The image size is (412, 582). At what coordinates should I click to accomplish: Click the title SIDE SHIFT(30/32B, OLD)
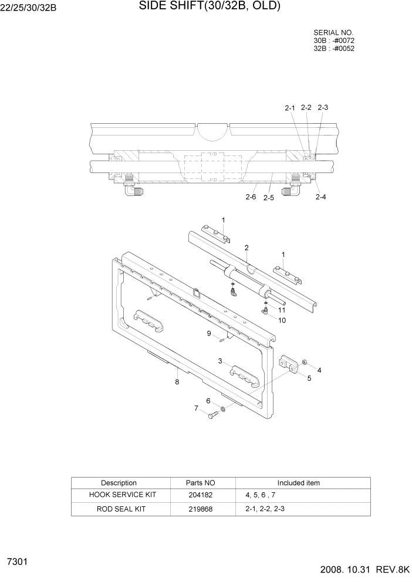(x=210, y=6)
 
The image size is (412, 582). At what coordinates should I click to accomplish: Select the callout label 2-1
(x=290, y=108)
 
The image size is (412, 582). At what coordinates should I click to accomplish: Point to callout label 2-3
(x=323, y=107)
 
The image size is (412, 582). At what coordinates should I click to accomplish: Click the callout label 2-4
(x=320, y=197)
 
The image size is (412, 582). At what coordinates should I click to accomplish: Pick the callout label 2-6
(x=251, y=197)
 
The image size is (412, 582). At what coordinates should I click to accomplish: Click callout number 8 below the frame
(x=177, y=382)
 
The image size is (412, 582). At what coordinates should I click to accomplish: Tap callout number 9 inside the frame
(x=208, y=333)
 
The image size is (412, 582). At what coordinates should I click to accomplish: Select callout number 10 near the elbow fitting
(x=282, y=320)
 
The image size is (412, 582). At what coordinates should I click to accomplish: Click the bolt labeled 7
(x=212, y=415)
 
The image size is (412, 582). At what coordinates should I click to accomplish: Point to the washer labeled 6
(x=224, y=408)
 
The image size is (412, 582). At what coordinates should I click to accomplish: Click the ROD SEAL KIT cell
(x=121, y=509)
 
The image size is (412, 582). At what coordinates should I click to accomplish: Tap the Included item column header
(x=298, y=483)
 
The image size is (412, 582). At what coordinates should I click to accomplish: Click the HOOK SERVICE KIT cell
(x=121, y=495)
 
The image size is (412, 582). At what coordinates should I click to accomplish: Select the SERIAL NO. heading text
(x=334, y=33)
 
